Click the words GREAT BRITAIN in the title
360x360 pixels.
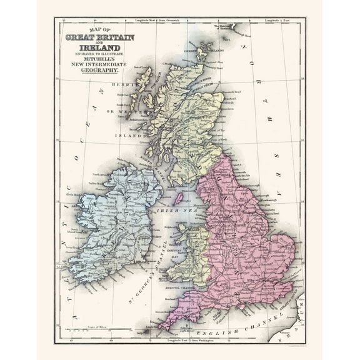click(x=100, y=37)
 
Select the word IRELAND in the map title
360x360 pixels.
click(x=100, y=47)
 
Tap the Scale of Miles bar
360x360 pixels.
click(x=87, y=331)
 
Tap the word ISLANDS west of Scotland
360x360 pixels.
click(x=129, y=134)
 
